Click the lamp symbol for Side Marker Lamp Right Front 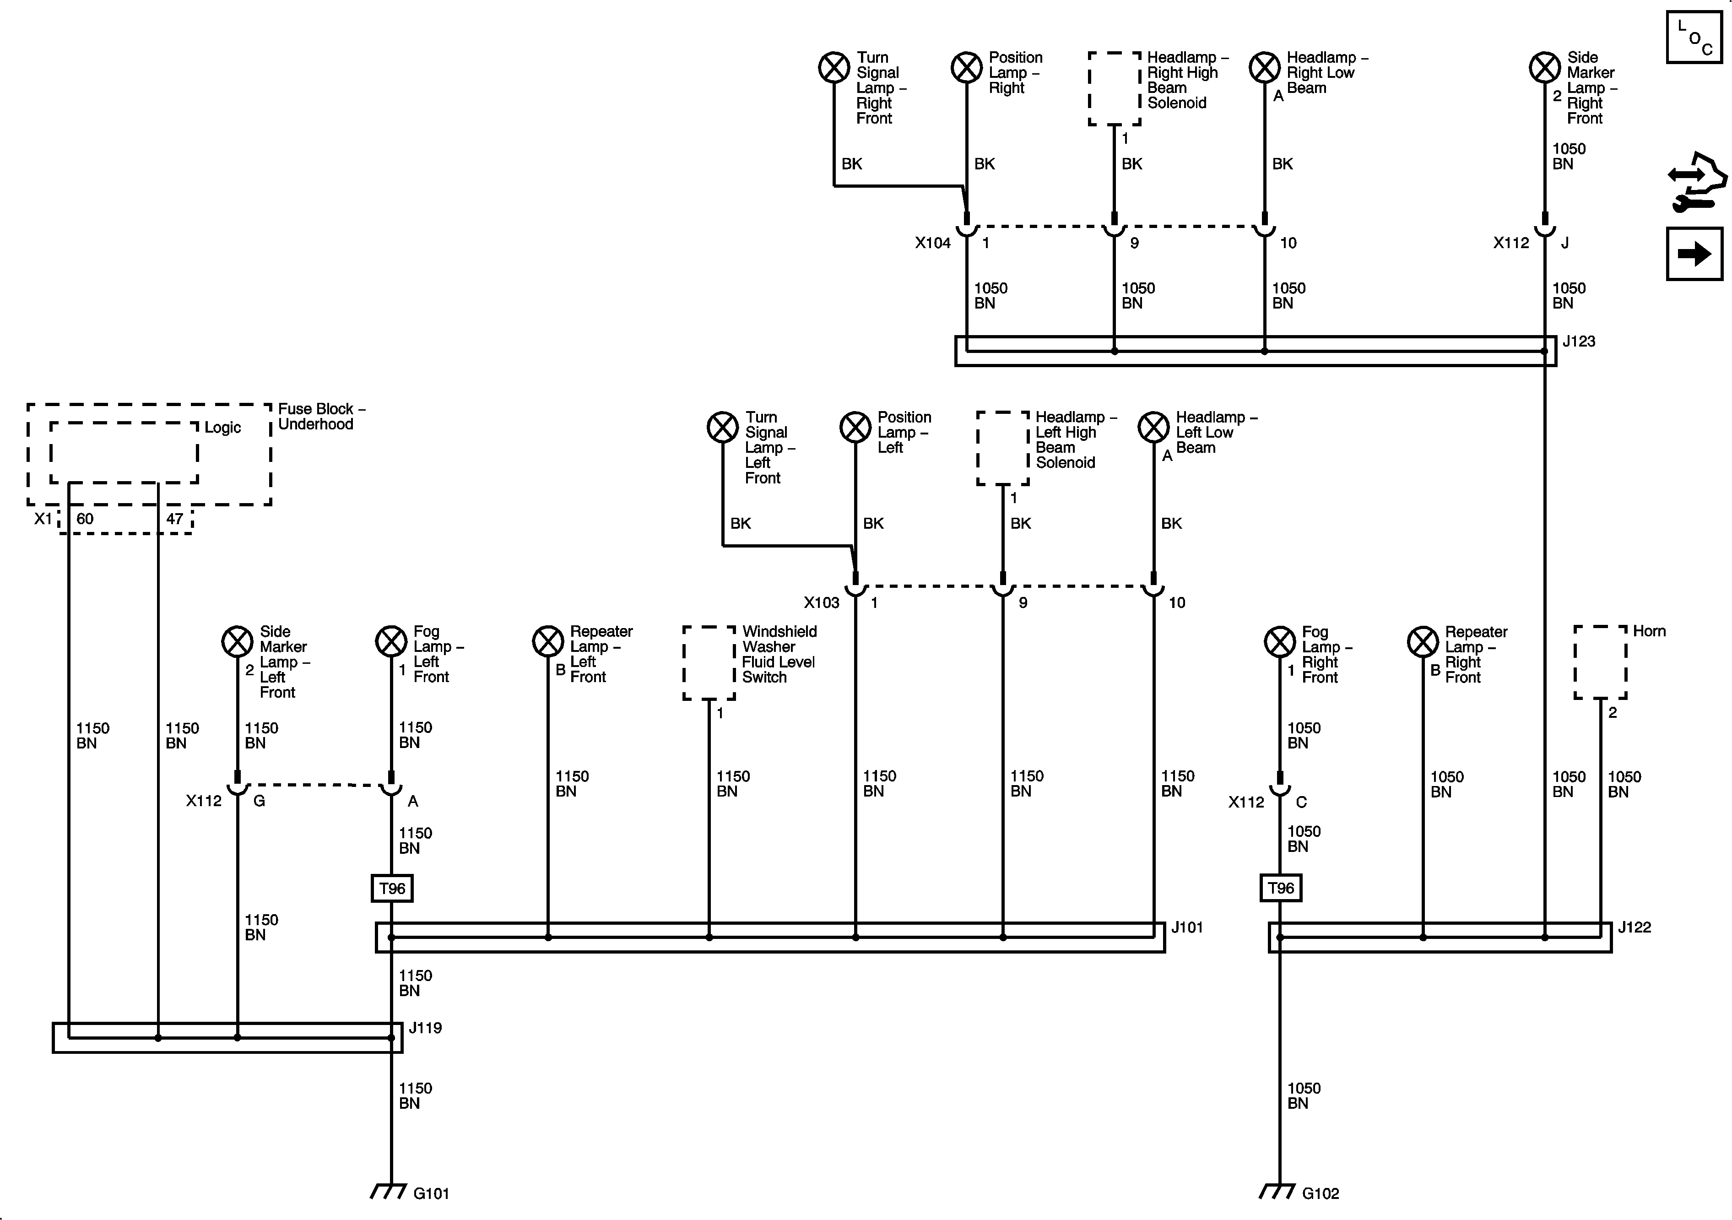click(x=1544, y=67)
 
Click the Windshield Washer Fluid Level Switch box click(x=709, y=662)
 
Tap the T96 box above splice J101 click(x=391, y=888)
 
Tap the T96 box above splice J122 click(x=1280, y=888)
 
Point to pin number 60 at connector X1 click(x=85, y=519)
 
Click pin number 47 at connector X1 click(x=174, y=519)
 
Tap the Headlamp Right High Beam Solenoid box click(x=1114, y=88)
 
